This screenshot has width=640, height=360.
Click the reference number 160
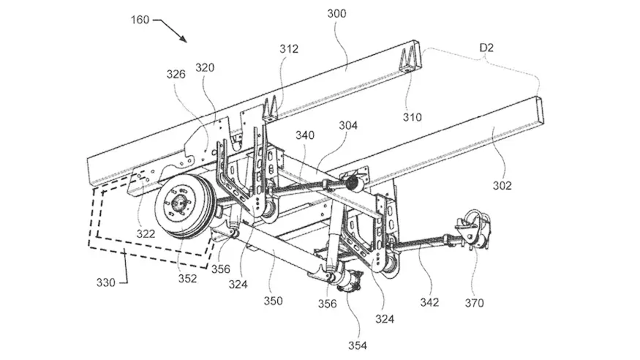pos(140,20)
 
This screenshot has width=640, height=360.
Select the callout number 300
pos(336,13)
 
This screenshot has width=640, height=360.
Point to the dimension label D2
pos(486,48)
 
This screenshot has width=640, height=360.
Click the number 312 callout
pos(289,49)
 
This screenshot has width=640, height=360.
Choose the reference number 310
pos(413,117)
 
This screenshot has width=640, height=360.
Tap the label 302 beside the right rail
pos(502,186)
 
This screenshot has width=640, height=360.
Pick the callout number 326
pos(176,74)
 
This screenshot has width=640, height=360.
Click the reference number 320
pos(205,67)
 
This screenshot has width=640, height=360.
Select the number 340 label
pos(305,135)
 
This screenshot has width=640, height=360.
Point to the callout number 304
pos(348,125)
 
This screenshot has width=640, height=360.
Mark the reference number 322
pos(146,234)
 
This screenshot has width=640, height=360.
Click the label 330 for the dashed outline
pos(106,282)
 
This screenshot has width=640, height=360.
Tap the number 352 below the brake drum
pos(187,278)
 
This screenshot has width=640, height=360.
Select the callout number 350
pos(273,301)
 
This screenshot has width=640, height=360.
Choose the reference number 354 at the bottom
pos(358,345)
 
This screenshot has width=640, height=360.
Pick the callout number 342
pos(429,302)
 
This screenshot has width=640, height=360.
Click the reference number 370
pos(474,303)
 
